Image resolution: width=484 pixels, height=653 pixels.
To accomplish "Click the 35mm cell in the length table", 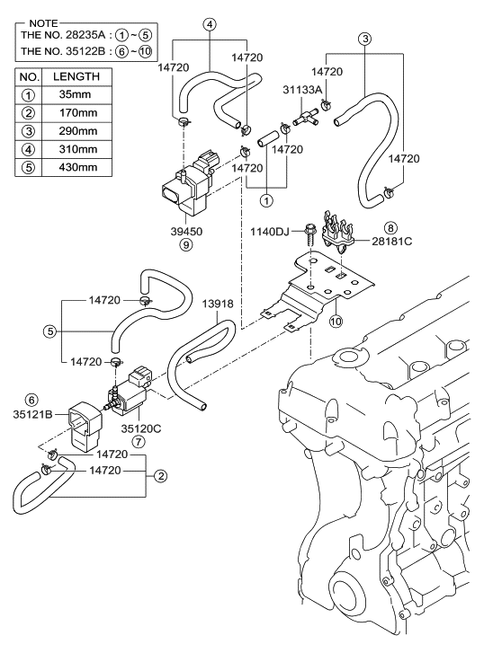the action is [x=75, y=94].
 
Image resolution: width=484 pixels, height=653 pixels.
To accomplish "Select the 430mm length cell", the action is [x=78, y=167].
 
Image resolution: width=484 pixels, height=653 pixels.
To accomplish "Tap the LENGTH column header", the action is [x=76, y=76].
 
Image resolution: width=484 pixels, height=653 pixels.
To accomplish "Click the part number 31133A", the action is [x=302, y=90].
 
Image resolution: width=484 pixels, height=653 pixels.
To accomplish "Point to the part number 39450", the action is [x=186, y=232].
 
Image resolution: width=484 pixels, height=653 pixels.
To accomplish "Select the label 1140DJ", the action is [x=270, y=232].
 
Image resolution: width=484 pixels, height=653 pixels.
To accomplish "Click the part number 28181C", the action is [x=392, y=241].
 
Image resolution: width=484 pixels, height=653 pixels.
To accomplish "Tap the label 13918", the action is [x=218, y=304].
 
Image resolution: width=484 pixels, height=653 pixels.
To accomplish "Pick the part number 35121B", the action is [x=32, y=415].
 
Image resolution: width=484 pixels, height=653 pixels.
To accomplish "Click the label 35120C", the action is [x=141, y=428].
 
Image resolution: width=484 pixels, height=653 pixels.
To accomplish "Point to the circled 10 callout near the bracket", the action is [x=336, y=321].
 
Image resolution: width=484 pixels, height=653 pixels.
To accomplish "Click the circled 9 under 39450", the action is [x=186, y=245].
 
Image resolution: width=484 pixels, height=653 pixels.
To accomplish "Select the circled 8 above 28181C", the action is [x=390, y=228].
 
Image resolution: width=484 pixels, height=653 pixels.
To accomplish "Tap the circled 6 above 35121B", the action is [x=31, y=401].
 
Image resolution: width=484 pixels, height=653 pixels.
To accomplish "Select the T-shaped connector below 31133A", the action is [x=305, y=117].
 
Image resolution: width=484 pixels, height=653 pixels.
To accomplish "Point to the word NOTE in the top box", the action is [x=43, y=23].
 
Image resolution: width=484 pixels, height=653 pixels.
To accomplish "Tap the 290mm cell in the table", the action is [x=78, y=131].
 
